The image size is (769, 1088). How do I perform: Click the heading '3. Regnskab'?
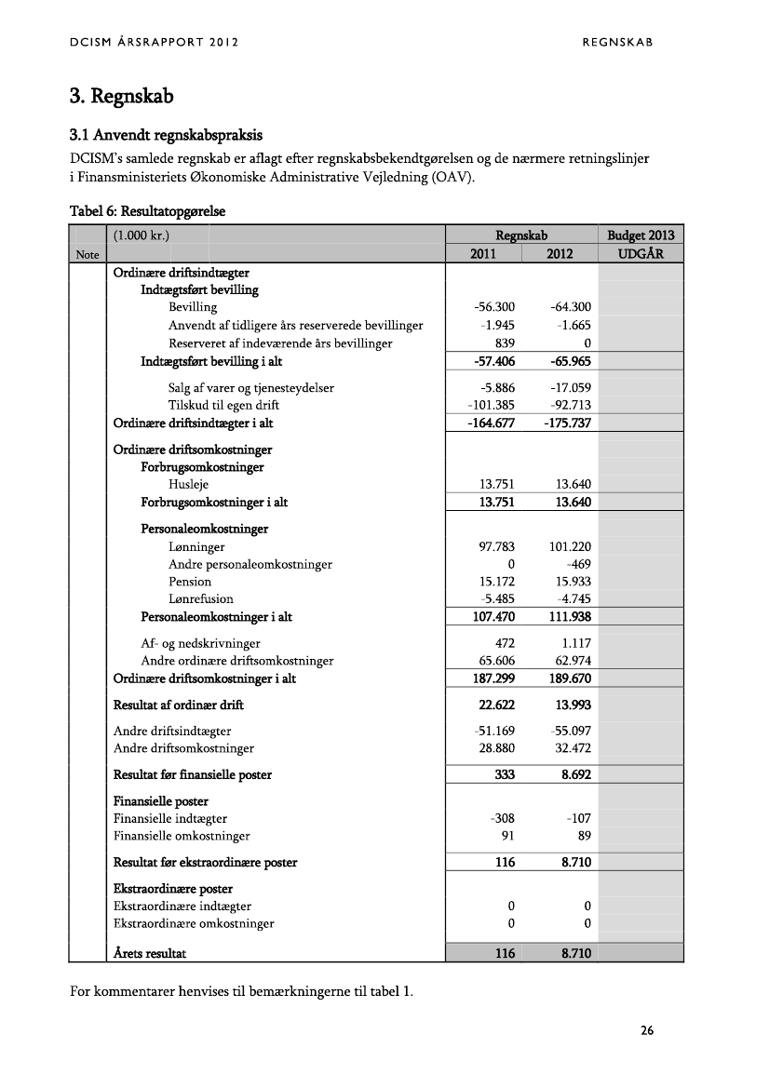pos(122,96)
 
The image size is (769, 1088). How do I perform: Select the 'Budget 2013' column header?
pos(641,235)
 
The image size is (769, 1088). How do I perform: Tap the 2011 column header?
pos(482,253)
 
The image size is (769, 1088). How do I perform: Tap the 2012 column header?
pos(559,253)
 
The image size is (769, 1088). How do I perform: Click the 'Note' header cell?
pos(87,254)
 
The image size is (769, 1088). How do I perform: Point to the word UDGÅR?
pos(641,253)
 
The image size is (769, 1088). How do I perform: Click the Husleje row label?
pos(188,484)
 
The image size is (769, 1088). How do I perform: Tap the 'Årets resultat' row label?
pos(155,953)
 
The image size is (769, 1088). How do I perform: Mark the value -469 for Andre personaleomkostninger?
pos(579,564)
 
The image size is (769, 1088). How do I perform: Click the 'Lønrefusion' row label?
pos(200,599)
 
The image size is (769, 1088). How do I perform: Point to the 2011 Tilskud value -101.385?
pos(491,405)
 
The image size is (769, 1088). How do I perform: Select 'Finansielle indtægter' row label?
pos(170,818)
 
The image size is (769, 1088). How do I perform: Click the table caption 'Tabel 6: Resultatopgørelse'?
pos(148,211)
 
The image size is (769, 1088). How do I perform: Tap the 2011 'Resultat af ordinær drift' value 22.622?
pos(496,705)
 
